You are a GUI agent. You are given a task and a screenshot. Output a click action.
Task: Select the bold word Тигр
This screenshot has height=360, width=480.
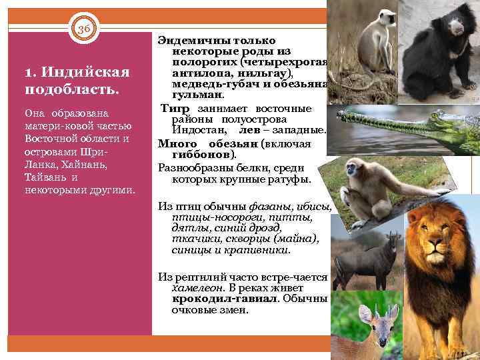(175, 109)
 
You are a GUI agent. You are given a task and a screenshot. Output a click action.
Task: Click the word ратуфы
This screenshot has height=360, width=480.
(292, 179)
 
